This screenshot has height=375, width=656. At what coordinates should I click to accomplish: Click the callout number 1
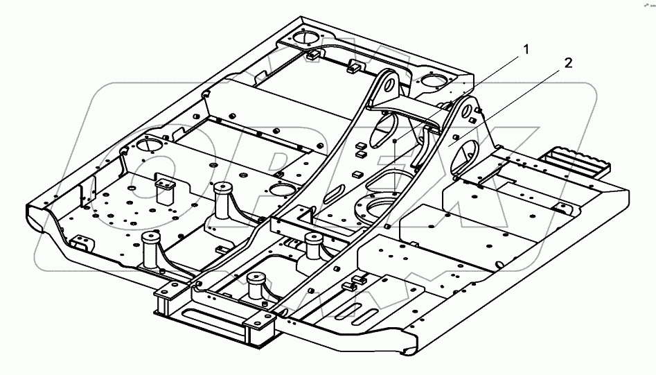[x=526, y=49]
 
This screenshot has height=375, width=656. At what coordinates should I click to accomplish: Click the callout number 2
[x=568, y=63]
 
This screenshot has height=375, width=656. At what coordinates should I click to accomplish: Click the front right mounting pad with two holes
[x=257, y=320]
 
